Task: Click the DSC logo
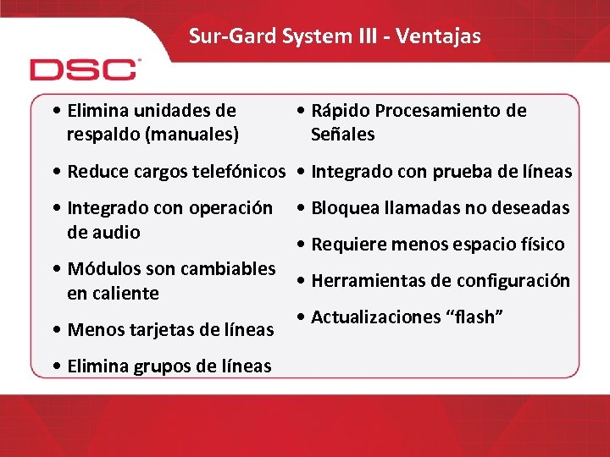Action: click(84, 69)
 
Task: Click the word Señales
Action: click(342, 135)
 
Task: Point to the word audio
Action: click(116, 232)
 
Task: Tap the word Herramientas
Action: click(366, 281)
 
